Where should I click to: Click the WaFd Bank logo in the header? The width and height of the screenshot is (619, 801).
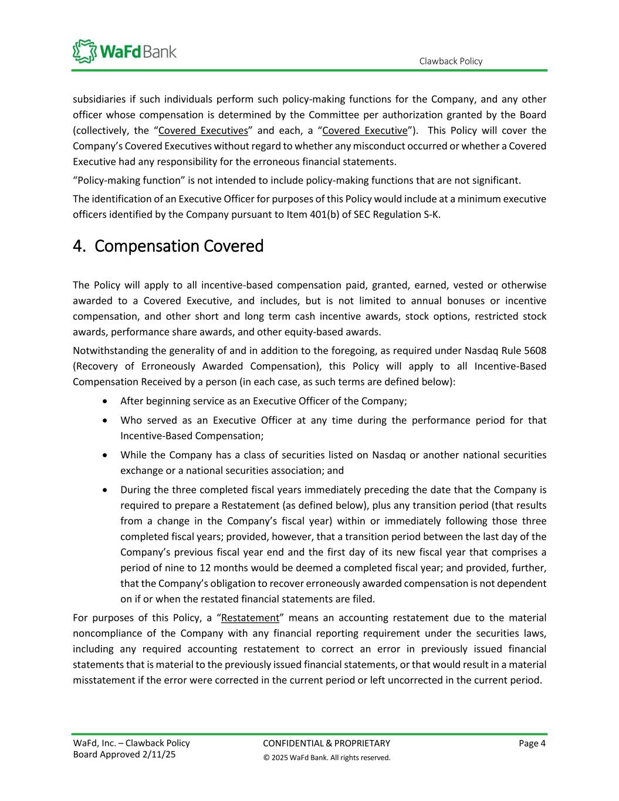[124, 51]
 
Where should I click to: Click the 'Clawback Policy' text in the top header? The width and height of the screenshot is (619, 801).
[451, 61]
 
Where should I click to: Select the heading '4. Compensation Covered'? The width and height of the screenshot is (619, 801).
[168, 246]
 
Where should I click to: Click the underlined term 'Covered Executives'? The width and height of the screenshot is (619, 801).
[203, 130]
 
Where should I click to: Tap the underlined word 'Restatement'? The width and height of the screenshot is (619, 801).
[250, 618]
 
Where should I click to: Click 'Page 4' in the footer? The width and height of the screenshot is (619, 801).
[532, 743]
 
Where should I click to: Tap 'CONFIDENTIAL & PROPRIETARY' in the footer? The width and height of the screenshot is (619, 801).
[326, 743]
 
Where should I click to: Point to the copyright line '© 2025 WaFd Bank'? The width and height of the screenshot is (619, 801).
[326, 758]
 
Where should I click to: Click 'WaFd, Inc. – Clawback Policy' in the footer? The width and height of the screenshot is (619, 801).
[131, 743]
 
